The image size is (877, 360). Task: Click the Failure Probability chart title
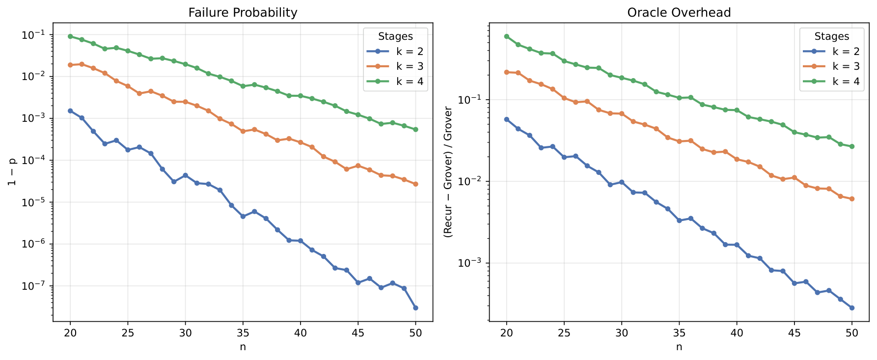click(243, 13)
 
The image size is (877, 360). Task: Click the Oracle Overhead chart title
click(679, 13)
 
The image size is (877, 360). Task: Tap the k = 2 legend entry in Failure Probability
click(410, 52)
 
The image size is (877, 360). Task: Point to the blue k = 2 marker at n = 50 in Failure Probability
click(415, 308)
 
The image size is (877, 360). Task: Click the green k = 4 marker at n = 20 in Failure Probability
click(70, 36)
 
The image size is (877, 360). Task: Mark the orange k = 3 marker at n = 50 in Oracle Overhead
click(852, 199)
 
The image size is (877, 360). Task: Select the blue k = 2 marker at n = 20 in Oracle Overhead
click(507, 119)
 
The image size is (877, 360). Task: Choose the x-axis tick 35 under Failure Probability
click(243, 332)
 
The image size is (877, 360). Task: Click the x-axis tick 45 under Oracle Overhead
click(794, 332)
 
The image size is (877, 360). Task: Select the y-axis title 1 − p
click(12, 172)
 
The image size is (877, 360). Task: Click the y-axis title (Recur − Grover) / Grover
click(448, 172)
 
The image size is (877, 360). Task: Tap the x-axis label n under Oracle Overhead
click(679, 347)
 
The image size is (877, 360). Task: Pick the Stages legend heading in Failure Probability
click(395, 36)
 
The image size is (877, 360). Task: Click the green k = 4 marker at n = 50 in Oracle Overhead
click(852, 146)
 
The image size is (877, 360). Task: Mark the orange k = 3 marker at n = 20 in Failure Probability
click(70, 65)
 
